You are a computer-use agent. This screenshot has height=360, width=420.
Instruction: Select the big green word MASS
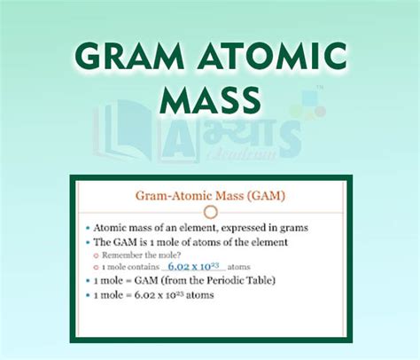point(210,98)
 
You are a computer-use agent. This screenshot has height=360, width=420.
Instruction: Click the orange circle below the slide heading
point(210,213)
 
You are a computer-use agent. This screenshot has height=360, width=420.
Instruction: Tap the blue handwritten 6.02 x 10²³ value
point(195,266)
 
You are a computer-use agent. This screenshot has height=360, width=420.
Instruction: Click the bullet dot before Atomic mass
point(89,229)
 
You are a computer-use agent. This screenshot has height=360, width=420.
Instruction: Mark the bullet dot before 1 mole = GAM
point(89,281)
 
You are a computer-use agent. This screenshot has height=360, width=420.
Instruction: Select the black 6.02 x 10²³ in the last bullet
point(173,294)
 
